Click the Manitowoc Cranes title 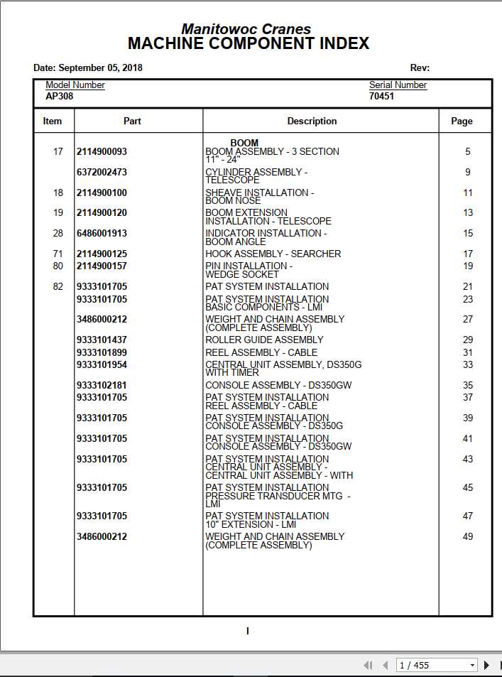246,29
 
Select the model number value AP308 60,96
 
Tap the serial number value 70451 381,96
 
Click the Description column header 312,121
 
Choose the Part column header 132,121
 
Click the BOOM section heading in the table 244,143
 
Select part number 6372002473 102,173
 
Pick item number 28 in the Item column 58,234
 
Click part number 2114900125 102,254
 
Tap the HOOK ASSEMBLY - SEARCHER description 273,254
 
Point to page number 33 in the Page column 467,365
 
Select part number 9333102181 102,386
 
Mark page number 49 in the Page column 467,537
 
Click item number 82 58,287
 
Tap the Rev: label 420,68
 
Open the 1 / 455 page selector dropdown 472,666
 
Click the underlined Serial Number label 398,85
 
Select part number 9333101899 102,353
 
